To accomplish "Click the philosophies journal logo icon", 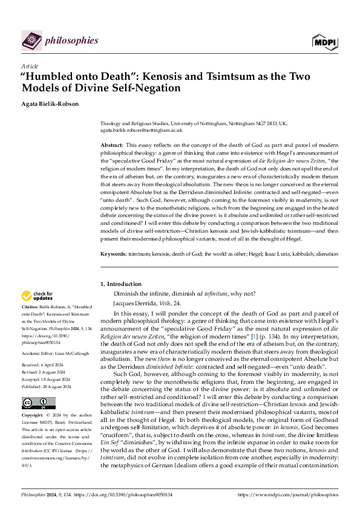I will pos(31,41).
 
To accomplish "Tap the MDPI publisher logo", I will pos(324,41).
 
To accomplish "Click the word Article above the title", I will pos(30,66).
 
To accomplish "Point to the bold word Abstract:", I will pos(111,146).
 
